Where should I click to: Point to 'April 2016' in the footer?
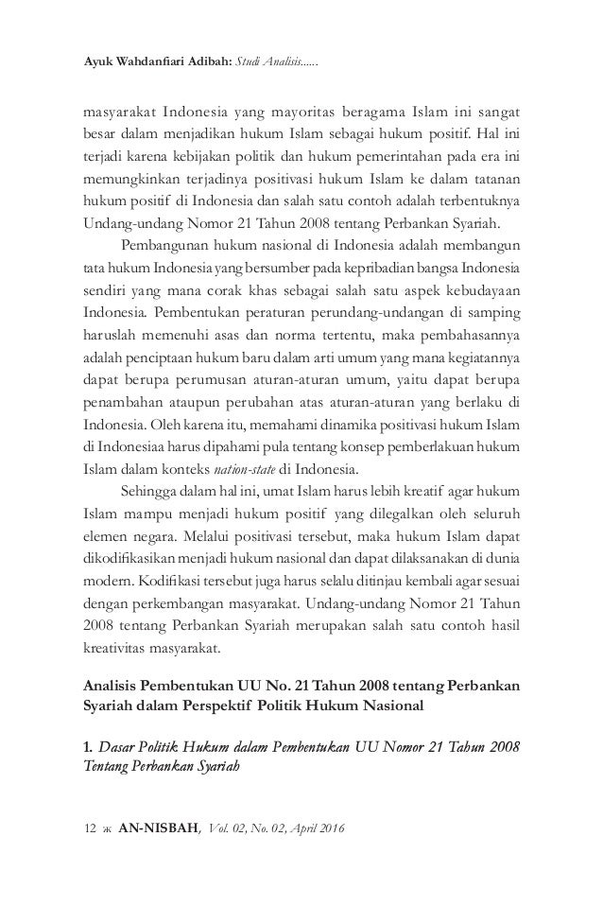point(317,830)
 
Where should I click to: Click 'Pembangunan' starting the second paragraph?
point(158,249)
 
